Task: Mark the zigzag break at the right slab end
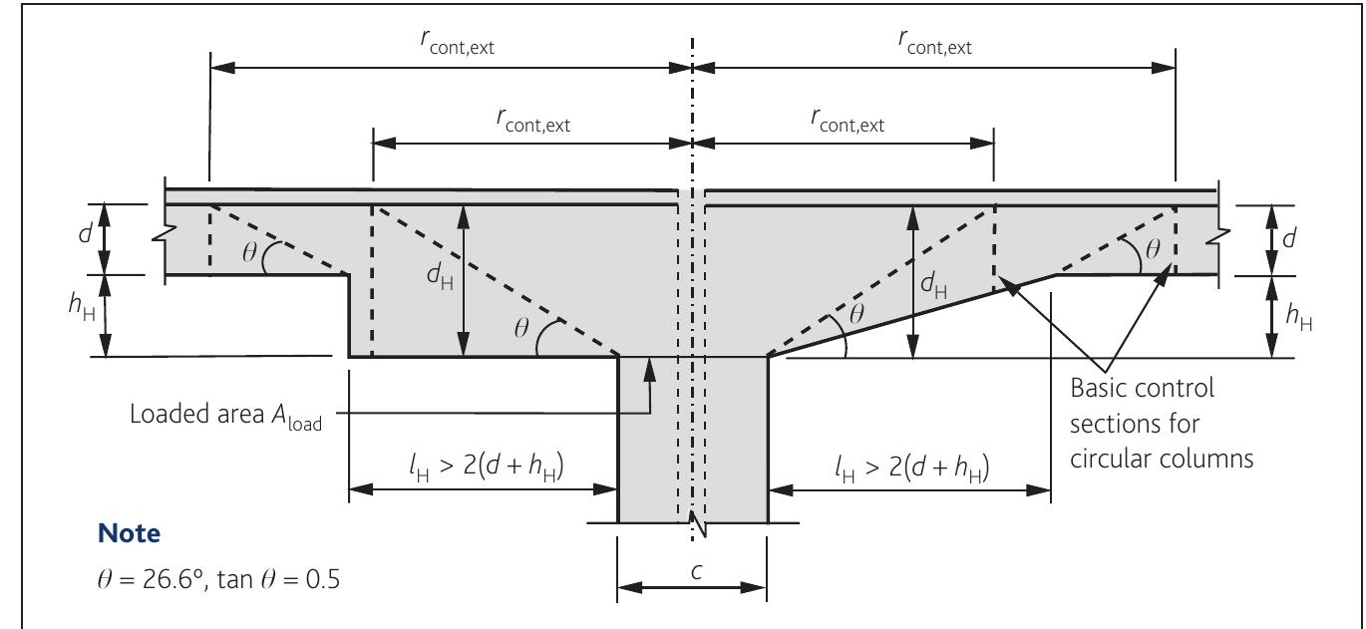pos(1224,239)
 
